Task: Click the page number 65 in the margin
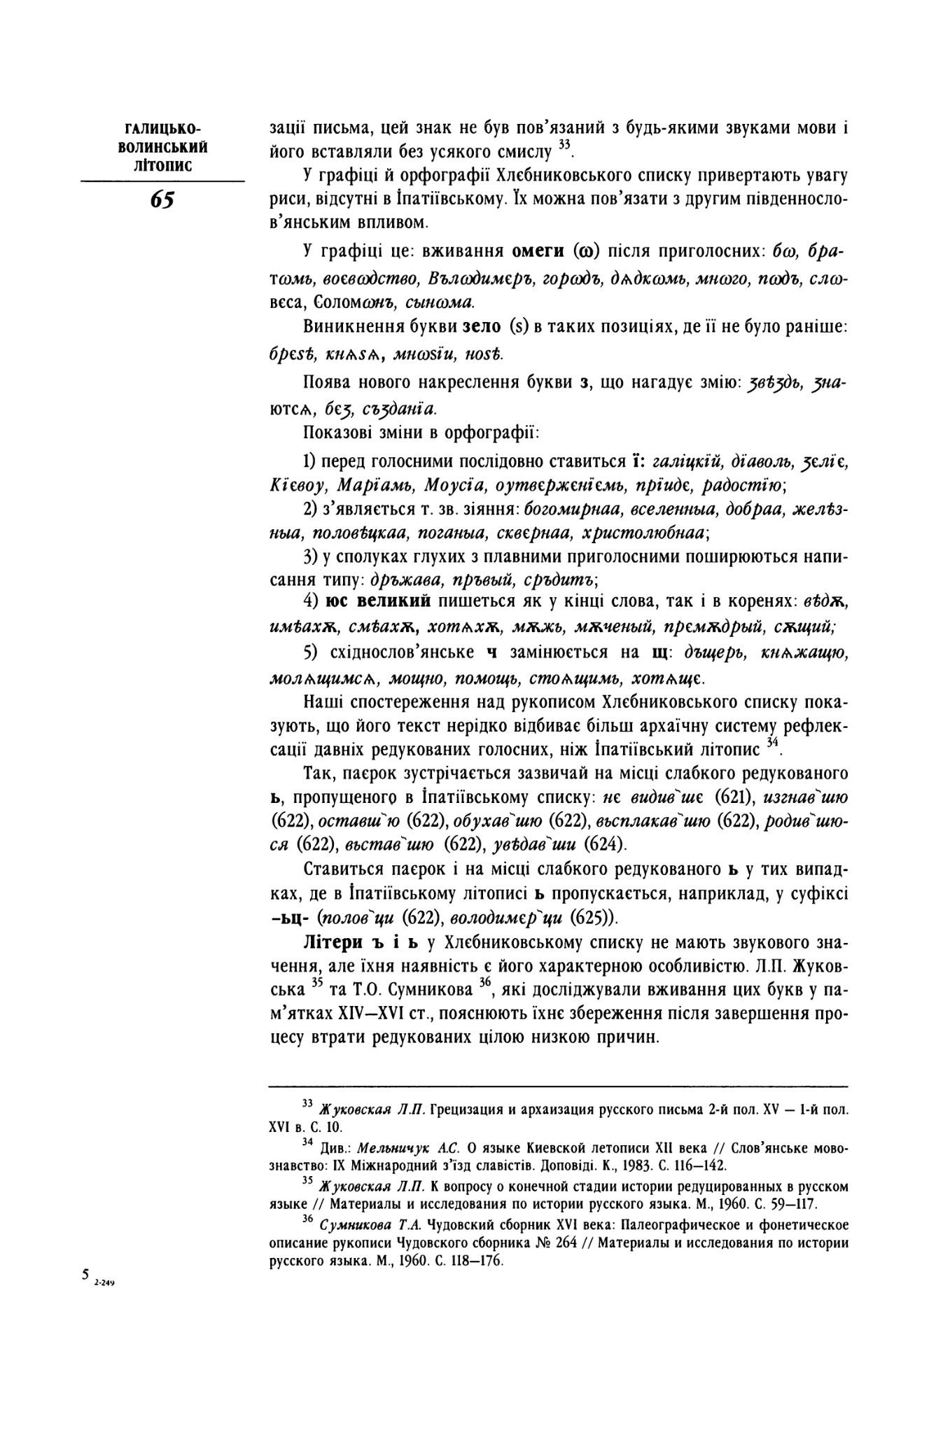[x=162, y=200]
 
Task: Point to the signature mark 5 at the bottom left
[x=85, y=1274]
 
